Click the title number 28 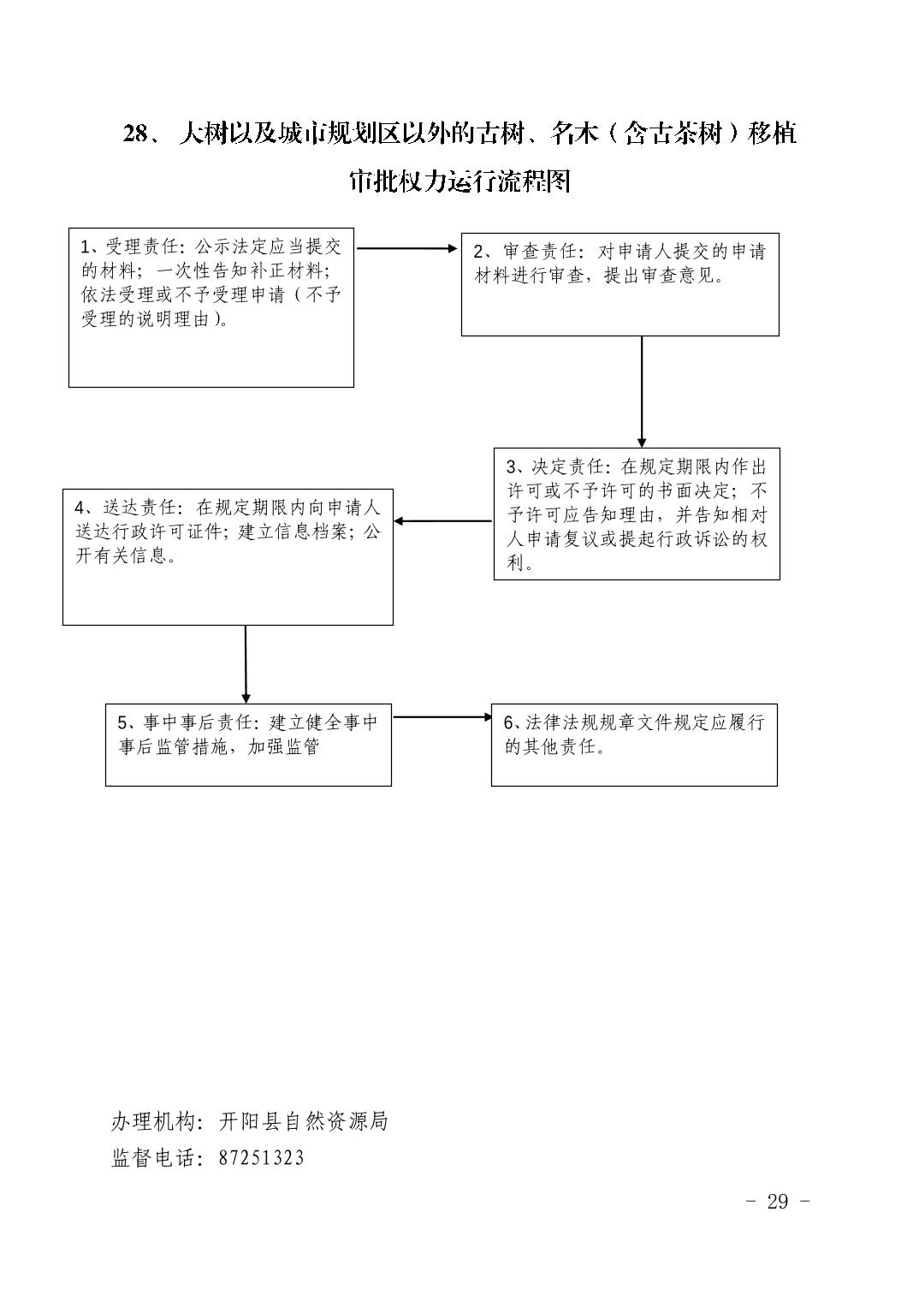(136, 134)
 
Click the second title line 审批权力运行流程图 (460, 181)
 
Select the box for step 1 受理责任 (211, 307)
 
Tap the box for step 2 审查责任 (620, 284)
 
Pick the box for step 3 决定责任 (637, 514)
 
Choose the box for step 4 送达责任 (228, 557)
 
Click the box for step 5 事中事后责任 (248, 745)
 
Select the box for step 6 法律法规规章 (634, 745)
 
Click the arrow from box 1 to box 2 (407, 248)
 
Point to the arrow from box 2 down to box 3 (642, 392)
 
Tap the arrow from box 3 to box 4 (443, 521)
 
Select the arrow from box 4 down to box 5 (246, 664)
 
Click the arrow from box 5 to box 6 (442, 716)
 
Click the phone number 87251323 (261, 1157)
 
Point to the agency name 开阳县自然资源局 (303, 1121)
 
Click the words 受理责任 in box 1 (141, 247)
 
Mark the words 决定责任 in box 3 (568, 466)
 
